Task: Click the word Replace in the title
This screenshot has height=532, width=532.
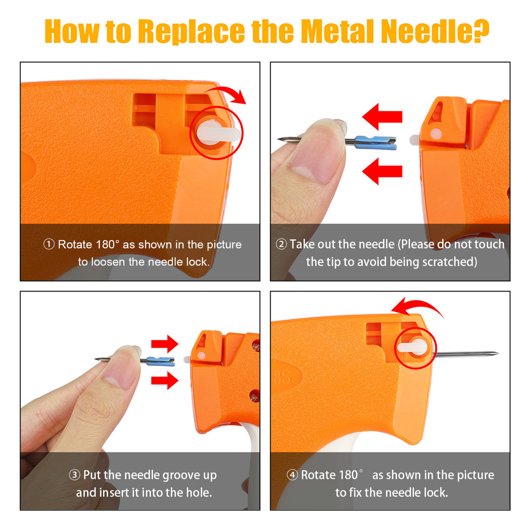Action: point(191,31)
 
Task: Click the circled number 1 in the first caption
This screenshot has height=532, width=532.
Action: point(49,245)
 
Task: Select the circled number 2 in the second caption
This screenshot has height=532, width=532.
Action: point(281,244)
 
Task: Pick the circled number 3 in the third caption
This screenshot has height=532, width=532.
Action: point(74,475)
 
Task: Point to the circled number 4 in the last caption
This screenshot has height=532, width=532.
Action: point(292,475)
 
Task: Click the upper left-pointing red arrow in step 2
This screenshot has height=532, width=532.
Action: point(382,116)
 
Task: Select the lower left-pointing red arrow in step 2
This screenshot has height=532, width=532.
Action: point(382,171)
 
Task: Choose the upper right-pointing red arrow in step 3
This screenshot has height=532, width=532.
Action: point(165,344)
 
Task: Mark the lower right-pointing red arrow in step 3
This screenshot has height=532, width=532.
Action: point(165,381)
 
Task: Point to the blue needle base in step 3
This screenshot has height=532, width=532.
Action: point(160,361)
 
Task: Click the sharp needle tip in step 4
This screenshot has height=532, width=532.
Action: point(498,353)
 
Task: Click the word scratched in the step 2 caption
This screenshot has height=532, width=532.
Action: point(450,262)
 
